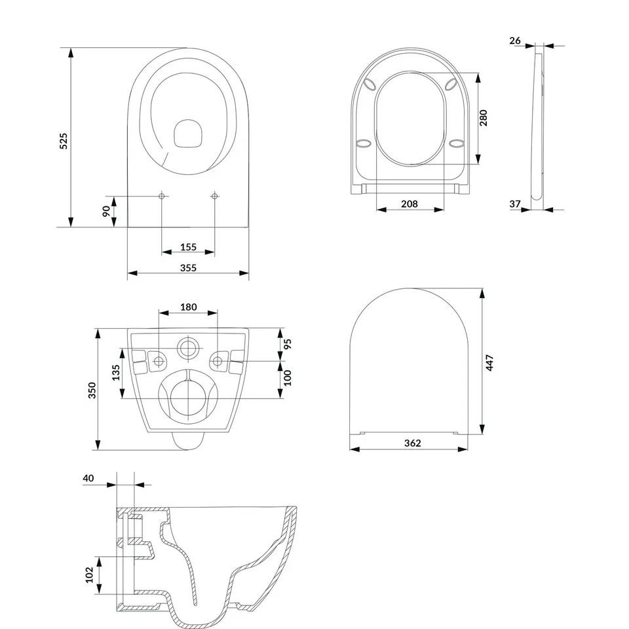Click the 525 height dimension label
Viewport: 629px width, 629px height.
[x=64, y=142]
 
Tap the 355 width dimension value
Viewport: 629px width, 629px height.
[x=188, y=268]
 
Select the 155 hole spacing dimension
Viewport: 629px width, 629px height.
[x=188, y=247]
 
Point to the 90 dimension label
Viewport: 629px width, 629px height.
[x=106, y=211]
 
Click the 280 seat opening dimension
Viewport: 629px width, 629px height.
[x=484, y=118]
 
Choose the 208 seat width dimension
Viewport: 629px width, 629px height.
[x=410, y=204]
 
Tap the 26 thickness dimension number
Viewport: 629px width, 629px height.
[x=515, y=41]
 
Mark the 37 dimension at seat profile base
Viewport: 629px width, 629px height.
[x=515, y=204]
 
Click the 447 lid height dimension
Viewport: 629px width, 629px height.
[x=489, y=362]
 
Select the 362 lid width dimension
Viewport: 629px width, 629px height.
[x=413, y=443]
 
